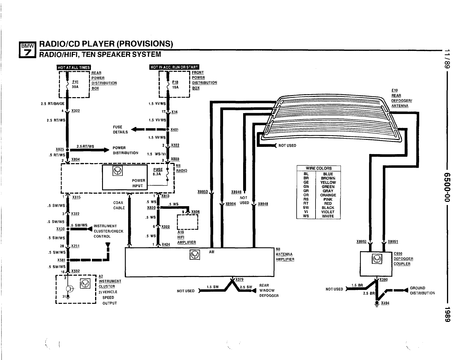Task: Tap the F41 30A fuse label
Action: (75, 84)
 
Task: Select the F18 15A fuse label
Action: (175, 85)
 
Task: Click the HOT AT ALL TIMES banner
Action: (74, 67)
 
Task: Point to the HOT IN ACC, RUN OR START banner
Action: (174, 67)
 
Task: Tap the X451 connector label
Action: (174, 130)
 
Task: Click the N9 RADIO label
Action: (181, 168)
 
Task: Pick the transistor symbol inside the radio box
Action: (117, 172)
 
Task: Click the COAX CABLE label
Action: (119, 205)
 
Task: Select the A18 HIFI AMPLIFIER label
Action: (186, 237)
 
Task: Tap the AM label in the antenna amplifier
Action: (212, 252)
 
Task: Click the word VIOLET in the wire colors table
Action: (328, 212)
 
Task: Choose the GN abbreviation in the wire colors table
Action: (306, 187)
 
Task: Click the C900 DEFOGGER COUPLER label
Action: (403, 259)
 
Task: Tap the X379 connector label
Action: (239, 279)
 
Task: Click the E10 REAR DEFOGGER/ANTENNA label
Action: (401, 98)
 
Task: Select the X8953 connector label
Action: (203, 192)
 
